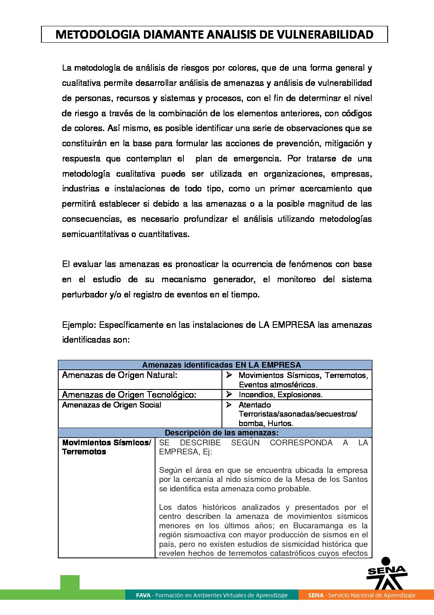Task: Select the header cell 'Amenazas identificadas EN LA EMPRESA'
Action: pyautogui.click(x=222, y=365)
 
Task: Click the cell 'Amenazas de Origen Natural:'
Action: pyautogui.click(x=119, y=375)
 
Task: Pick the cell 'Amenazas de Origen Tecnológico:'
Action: pyautogui.click(x=129, y=395)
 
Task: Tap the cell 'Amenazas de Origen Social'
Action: pyautogui.click(x=112, y=405)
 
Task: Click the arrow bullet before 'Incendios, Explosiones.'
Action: pyautogui.click(x=229, y=394)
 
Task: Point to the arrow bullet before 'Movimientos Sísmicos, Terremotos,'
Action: pyautogui.click(x=229, y=375)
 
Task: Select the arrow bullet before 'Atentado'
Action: pyautogui.click(x=229, y=405)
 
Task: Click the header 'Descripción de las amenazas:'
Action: pyautogui.click(x=222, y=433)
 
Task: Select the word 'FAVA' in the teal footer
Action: pyautogui.click(x=143, y=595)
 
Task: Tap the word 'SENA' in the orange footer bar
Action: pyautogui.click(x=316, y=595)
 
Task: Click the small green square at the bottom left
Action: pyautogui.click(x=70, y=582)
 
